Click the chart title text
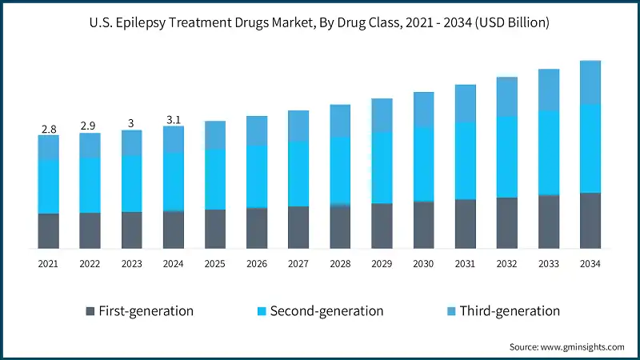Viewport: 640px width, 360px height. point(320,23)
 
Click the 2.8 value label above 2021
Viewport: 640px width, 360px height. point(49,129)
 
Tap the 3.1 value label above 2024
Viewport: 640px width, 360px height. point(174,120)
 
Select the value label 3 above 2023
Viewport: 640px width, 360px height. point(132,123)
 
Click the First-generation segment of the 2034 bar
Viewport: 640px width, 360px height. point(590,220)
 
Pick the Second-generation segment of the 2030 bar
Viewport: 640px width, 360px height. point(424,164)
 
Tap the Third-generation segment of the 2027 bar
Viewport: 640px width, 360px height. point(298,126)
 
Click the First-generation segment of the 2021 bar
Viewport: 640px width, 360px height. point(49,230)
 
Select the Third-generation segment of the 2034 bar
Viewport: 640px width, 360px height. point(590,82)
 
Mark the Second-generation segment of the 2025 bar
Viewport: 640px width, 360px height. point(215,179)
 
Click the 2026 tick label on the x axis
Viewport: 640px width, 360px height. point(257,263)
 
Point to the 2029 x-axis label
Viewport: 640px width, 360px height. point(382,263)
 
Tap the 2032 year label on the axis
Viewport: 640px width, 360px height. point(507,263)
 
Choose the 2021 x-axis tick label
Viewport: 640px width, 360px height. point(49,263)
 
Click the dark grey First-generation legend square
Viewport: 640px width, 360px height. point(90,310)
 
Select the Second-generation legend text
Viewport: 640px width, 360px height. point(326,310)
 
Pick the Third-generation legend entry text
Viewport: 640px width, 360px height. point(510,310)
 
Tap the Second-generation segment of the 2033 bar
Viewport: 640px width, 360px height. point(549,152)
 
